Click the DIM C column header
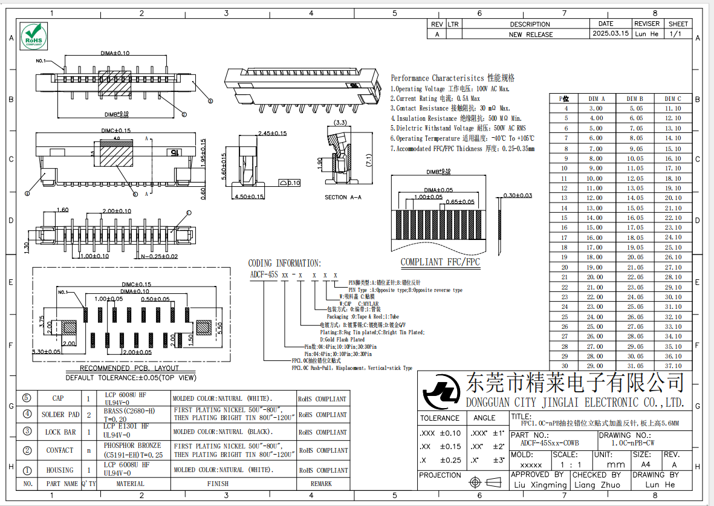click(x=673, y=99)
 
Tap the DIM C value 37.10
click(x=673, y=366)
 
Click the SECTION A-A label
click(x=344, y=197)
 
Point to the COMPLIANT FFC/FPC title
click(x=440, y=262)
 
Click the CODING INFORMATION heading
click(x=284, y=263)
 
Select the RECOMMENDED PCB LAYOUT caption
click(x=129, y=368)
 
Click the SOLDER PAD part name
click(x=60, y=415)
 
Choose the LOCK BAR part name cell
click(x=60, y=432)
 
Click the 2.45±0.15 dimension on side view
click(x=272, y=134)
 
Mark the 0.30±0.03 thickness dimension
click(x=518, y=195)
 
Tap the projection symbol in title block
click(x=486, y=482)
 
